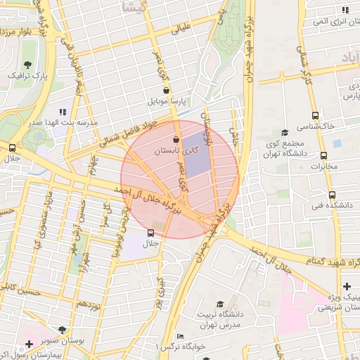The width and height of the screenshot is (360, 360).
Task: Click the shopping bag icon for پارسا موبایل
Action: (165, 90)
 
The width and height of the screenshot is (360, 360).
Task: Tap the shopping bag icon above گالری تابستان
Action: (175, 140)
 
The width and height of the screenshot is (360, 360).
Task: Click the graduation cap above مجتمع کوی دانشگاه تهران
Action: (284, 132)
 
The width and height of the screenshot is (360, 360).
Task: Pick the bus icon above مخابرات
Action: (323, 155)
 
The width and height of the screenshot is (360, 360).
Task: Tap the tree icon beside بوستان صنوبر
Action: (64, 329)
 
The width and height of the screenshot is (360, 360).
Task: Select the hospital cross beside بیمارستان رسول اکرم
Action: (29, 344)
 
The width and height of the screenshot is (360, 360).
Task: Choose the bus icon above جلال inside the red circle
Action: (150, 233)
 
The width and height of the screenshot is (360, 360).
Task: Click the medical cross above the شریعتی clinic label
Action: (347, 286)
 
